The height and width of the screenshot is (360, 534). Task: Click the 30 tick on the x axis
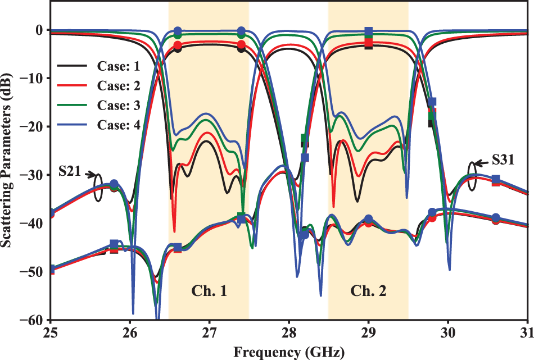448,332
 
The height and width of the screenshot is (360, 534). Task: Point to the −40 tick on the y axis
34,224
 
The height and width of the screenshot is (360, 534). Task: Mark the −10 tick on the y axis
34,78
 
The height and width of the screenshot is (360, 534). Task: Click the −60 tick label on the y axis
34,320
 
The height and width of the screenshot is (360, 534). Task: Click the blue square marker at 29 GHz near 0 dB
369,31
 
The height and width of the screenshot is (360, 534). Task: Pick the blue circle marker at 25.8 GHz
114,184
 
